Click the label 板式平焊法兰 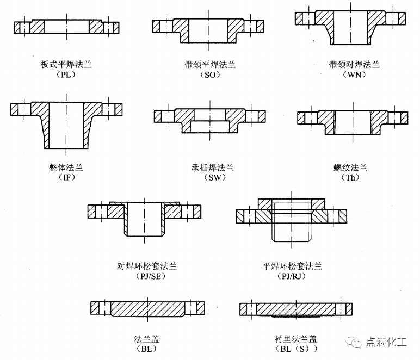click(66, 65)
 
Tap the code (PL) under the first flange click(66, 75)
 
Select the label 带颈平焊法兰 click(210, 65)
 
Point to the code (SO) click(210, 75)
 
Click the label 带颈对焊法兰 click(354, 65)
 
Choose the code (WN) click(354, 75)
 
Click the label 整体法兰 click(66, 168)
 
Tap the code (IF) click(67, 177)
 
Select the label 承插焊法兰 click(212, 168)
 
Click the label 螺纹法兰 click(350, 168)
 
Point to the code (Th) click(350, 177)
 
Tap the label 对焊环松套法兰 click(147, 266)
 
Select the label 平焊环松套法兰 click(292, 266)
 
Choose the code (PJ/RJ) click(292, 276)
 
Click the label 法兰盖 click(146, 339)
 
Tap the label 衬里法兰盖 click(296, 339)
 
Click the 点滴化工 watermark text click(386, 342)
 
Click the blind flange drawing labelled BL click(147, 308)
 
